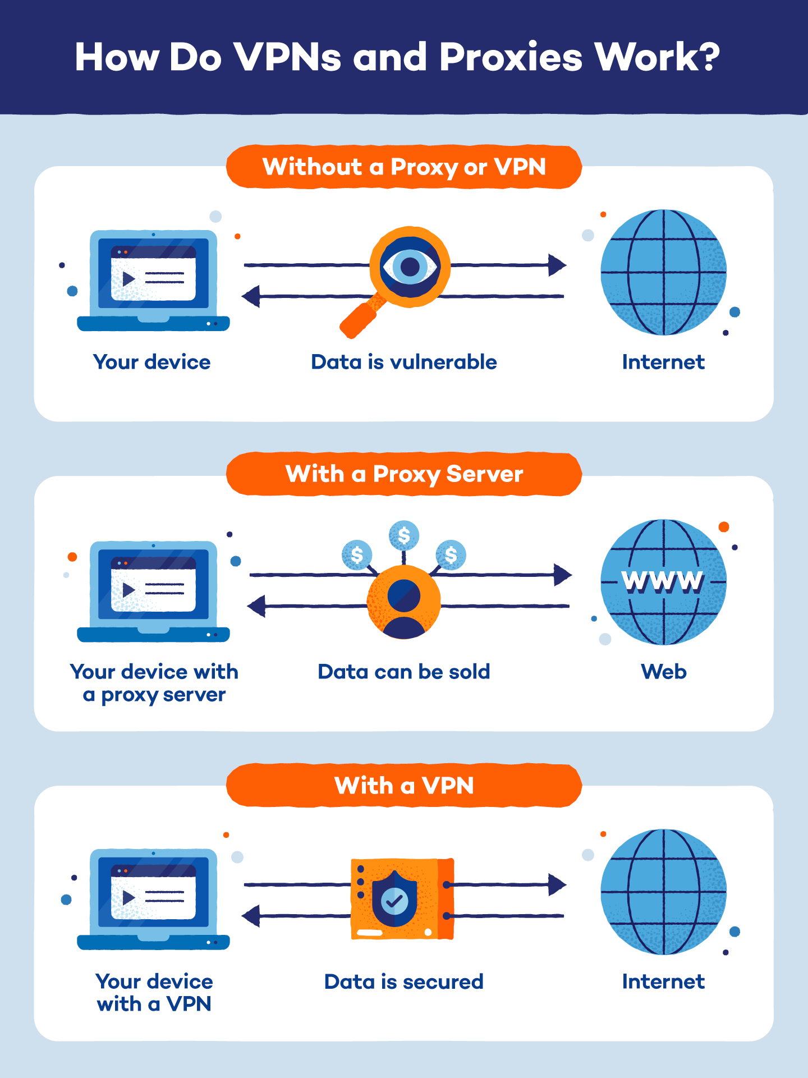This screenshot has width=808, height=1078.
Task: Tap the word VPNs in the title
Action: pyautogui.click(x=287, y=57)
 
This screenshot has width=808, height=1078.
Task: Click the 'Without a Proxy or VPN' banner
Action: pyautogui.click(x=404, y=167)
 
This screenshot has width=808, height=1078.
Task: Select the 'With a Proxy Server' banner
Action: pyautogui.click(x=404, y=474)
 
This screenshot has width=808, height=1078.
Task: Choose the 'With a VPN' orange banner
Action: pyautogui.click(x=404, y=785)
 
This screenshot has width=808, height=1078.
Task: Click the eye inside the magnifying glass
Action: pyautogui.click(x=410, y=267)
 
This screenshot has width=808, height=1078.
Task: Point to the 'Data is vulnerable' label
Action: pyautogui.click(x=404, y=362)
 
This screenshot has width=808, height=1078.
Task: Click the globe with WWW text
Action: pyautogui.click(x=663, y=582)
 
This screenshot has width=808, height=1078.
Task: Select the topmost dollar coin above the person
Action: pyautogui.click(x=403, y=535)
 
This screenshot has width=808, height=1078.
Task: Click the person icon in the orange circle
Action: pyautogui.click(x=403, y=603)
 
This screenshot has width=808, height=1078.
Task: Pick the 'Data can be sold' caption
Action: pyautogui.click(x=404, y=672)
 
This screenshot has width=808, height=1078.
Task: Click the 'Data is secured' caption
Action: pyautogui.click(x=404, y=981)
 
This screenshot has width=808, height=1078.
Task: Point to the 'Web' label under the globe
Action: pyautogui.click(x=664, y=672)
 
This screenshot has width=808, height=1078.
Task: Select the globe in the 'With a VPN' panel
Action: pyautogui.click(x=663, y=892)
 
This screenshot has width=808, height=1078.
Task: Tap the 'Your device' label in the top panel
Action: pyautogui.click(x=151, y=362)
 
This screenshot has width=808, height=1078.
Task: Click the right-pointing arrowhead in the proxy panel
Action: pyautogui.click(x=562, y=575)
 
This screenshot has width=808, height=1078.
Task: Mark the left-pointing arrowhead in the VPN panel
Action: pyautogui.click(x=251, y=916)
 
